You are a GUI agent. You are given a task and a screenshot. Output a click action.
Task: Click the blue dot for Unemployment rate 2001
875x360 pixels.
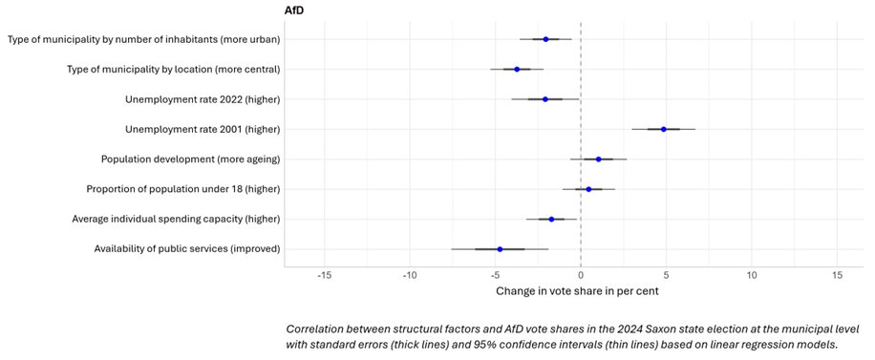tap(664, 129)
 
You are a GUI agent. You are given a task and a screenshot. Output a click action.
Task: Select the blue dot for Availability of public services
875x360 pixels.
tap(500, 249)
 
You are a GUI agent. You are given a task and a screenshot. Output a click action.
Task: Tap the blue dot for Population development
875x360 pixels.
tap(598, 159)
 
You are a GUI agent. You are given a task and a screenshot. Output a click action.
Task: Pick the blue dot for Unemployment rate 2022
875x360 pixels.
tap(545, 99)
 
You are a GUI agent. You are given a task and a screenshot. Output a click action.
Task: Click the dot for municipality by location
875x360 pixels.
tap(517, 69)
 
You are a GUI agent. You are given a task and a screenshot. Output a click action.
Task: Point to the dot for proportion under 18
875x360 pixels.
tap(588, 189)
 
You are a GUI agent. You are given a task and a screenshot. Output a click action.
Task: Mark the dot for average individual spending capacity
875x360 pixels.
tap(551, 220)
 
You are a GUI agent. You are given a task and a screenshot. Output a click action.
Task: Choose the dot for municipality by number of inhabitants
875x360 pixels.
tap(545, 39)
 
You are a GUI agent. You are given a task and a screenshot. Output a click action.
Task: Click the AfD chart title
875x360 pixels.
tap(296, 10)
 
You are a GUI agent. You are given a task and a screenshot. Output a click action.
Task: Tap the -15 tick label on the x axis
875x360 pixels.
tap(324, 276)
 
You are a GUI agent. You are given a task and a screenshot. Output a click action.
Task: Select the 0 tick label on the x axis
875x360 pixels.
tap(581, 276)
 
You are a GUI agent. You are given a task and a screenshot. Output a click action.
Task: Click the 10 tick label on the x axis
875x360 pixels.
tap(752, 276)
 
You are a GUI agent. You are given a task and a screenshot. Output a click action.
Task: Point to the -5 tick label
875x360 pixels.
tap(495, 276)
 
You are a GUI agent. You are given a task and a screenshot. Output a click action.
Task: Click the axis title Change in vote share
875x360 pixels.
tap(577, 290)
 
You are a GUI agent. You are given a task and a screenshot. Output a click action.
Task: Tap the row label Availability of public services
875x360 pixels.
tap(186, 249)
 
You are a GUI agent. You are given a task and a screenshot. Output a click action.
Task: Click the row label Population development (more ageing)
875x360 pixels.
tap(190, 159)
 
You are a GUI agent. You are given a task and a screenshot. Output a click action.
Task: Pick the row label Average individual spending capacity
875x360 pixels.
tap(176, 220)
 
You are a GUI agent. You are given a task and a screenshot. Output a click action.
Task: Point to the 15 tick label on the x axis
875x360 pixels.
tap(837, 276)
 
